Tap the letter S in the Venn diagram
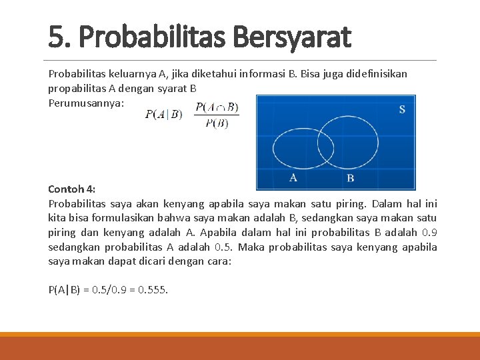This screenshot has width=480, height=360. (x=402, y=109)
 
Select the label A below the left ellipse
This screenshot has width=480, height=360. (x=293, y=177)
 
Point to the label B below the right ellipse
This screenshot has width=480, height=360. (x=351, y=178)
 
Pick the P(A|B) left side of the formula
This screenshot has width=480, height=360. (x=163, y=114)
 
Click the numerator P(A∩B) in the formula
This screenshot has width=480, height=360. (x=217, y=107)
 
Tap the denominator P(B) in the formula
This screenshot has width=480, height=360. (x=217, y=123)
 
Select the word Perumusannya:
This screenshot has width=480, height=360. (x=86, y=103)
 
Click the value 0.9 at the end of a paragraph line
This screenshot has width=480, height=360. (x=430, y=232)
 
